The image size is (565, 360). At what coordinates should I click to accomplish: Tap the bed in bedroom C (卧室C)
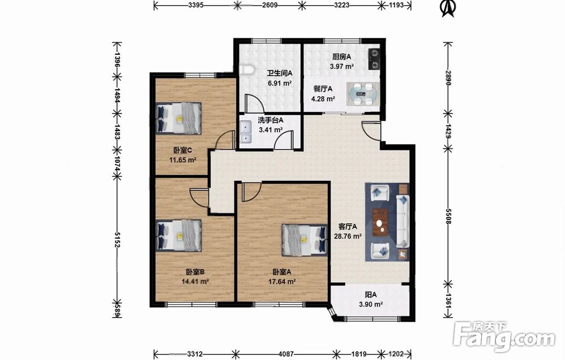pos(179,118)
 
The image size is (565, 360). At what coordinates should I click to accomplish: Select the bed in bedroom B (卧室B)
pos(179,236)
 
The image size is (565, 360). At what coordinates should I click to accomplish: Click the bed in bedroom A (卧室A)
pos(305,240)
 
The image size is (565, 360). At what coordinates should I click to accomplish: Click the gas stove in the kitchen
pos(373,59)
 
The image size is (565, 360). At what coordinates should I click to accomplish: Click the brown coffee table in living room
pos(380,222)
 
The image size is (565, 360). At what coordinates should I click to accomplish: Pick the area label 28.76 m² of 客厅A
pos(347,236)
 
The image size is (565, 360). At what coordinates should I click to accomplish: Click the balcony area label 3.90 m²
pos(371,304)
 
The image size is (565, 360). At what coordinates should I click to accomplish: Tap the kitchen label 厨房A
pos(341,57)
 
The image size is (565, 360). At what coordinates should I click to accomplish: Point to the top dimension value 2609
pos(270,5)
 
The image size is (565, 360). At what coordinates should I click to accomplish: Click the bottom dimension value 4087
pos(286,354)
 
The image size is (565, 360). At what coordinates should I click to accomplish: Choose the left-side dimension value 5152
pos(117,240)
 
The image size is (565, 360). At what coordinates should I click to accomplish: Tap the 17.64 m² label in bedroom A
pos(282,282)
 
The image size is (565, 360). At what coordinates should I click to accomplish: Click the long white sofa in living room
pos(403,221)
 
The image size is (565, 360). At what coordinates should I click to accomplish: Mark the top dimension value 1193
pos(397,5)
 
